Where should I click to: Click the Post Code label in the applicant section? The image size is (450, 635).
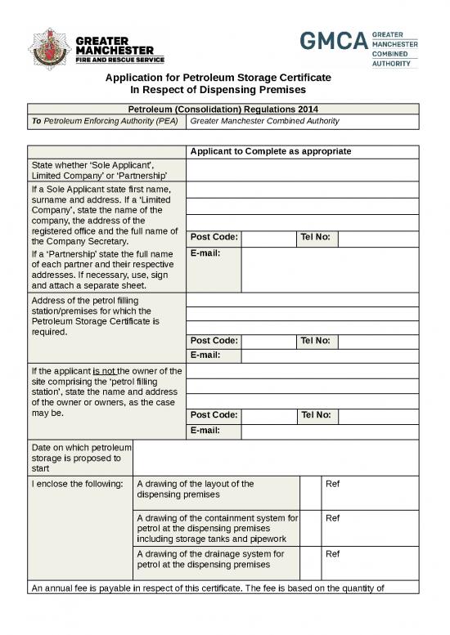click(x=214, y=238)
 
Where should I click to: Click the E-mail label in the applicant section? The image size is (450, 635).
click(x=207, y=253)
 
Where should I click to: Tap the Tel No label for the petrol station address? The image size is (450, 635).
click(x=316, y=341)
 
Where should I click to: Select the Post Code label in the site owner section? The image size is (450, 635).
click(x=214, y=415)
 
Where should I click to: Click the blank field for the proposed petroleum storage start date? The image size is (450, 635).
click(x=275, y=458)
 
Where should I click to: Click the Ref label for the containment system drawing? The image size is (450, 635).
click(x=332, y=517)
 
